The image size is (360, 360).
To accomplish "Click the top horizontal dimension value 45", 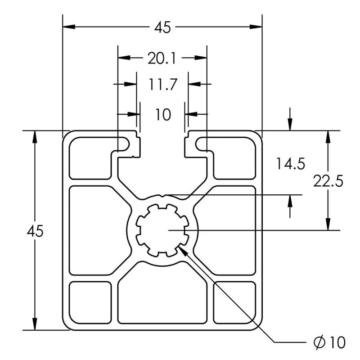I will (162, 27).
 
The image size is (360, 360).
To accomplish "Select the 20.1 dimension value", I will (162, 58).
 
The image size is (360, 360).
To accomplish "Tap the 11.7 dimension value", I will (162, 85).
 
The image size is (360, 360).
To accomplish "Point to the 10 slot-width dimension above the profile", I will (163, 115).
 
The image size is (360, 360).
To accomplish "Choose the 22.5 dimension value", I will (328, 181).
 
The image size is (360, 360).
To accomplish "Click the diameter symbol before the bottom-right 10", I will (319, 342).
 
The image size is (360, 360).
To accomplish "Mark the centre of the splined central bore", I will (162, 230).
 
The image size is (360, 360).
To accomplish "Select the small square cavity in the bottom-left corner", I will (90, 302).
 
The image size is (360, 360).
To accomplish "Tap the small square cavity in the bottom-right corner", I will (234, 302).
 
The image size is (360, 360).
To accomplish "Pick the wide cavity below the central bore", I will (162, 297).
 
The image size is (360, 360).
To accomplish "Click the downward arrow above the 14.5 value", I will (290, 125).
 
